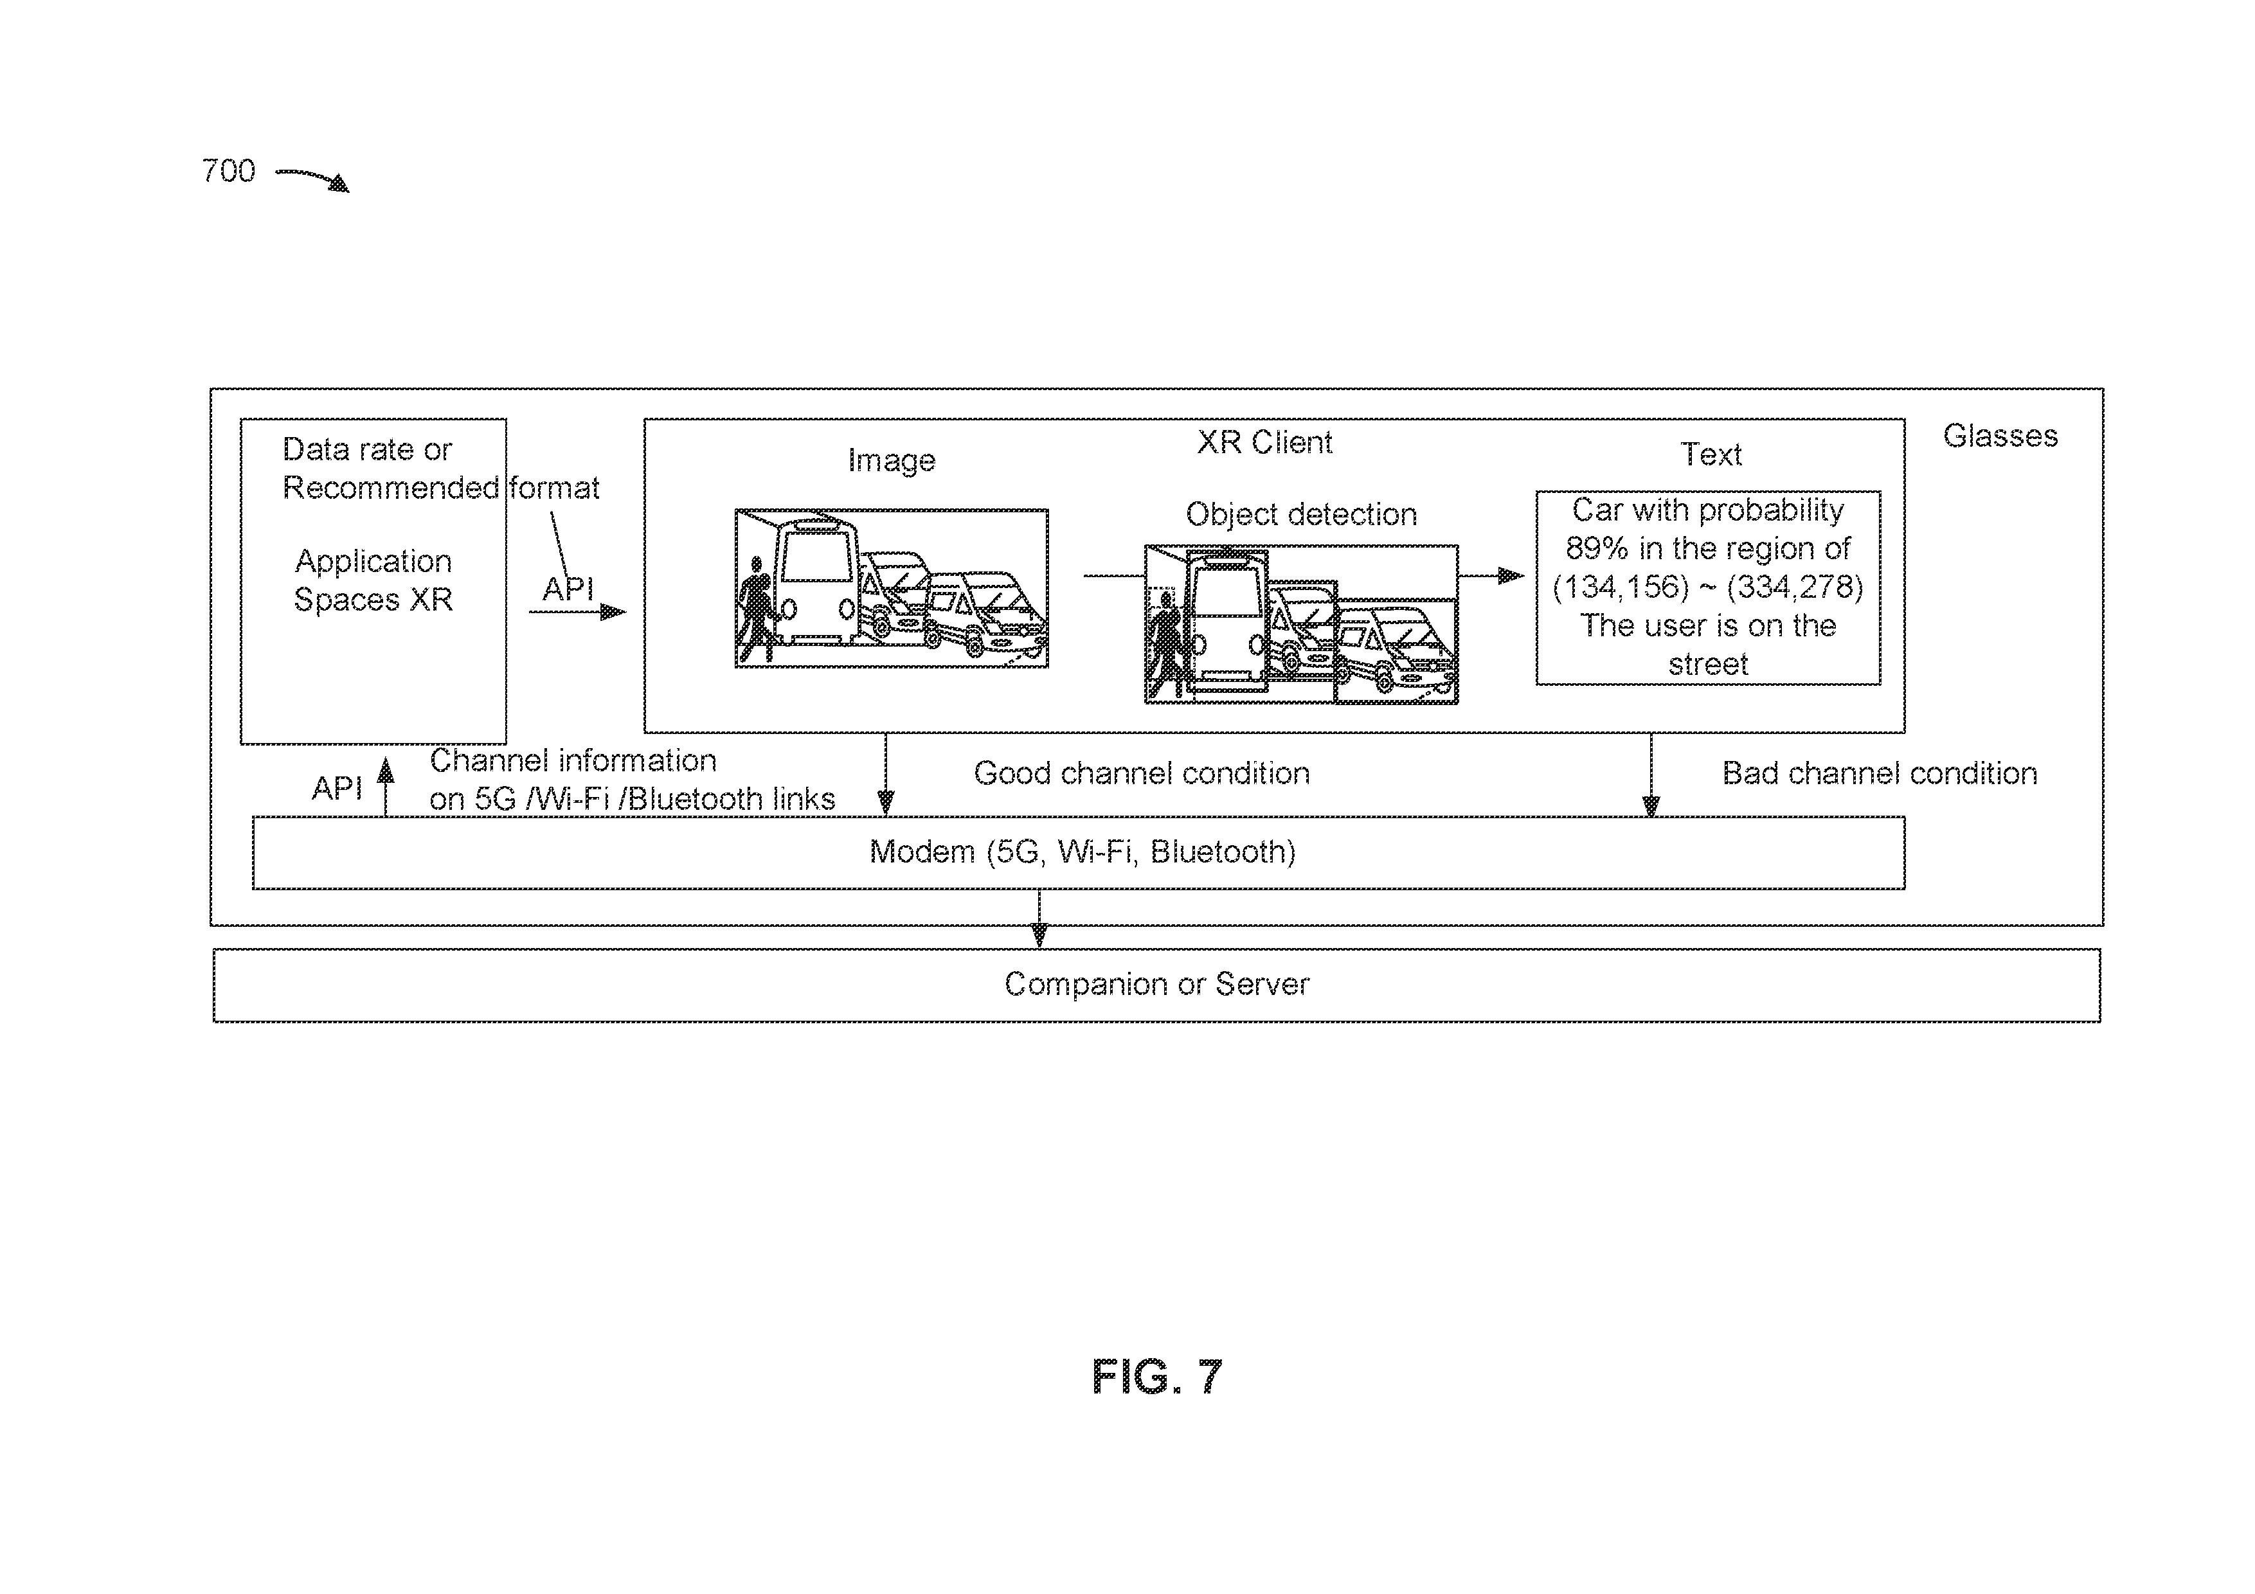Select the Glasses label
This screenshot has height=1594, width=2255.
tap(2000, 436)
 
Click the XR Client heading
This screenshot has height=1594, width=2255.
tap(1264, 442)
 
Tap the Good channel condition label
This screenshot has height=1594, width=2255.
tap(1141, 773)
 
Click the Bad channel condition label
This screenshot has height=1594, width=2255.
tap(1880, 773)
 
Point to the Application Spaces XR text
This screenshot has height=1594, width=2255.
tap(373, 580)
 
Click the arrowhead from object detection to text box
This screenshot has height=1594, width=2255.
tap(1511, 575)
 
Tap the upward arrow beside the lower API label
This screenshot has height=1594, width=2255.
tap(386, 787)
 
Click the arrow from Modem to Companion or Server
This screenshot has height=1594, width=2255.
tap(1039, 918)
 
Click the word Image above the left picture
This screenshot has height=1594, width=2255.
tap(891, 461)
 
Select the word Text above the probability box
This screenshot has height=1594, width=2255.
tap(1711, 454)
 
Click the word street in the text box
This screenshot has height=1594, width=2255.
tap(1708, 664)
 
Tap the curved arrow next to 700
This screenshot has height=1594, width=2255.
tap(312, 179)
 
